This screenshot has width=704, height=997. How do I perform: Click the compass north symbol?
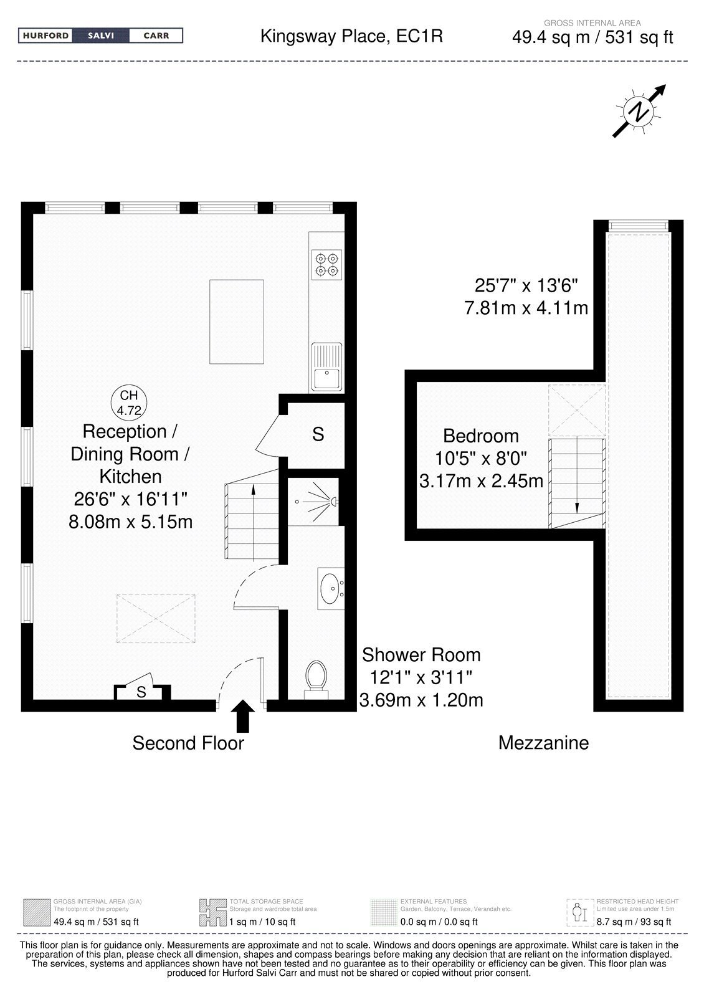[x=639, y=111]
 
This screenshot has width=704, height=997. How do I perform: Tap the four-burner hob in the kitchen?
[x=326, y=265]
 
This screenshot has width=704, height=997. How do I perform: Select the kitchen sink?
[x=326, y=366]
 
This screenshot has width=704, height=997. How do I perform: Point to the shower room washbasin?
[x=331, y=588]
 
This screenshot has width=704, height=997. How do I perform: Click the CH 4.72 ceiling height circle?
[x=128, y=403]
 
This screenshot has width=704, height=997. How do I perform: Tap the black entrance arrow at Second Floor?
[x=242, y=716]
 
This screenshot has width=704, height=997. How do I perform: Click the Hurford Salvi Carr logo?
[x=100, y=36]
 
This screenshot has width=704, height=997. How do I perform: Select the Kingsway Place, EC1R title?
[x=351, y=36]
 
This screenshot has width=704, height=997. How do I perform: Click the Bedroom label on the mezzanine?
[x=481, y=436]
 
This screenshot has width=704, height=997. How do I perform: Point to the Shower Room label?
[x=421, y=655]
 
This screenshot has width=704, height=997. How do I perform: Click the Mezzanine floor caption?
[x=543, y=742]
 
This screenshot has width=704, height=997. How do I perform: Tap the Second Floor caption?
[x=188, y=743]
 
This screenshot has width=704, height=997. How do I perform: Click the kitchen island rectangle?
[x=237, y=322]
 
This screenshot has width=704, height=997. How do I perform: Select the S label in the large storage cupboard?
[x=318, y=434]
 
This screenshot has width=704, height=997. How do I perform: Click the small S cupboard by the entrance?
[x=142, y=690]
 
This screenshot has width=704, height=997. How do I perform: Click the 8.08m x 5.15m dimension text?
[x=130, y=521]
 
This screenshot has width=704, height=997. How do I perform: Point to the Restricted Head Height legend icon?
[x=579, y=912]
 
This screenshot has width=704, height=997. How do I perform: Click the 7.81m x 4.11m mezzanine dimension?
[x=526, y=308]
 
